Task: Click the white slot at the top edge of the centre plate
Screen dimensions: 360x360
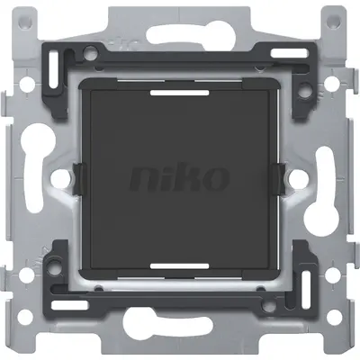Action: coord(180,91)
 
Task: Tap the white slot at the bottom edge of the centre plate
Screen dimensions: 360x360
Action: coord(180,266)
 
